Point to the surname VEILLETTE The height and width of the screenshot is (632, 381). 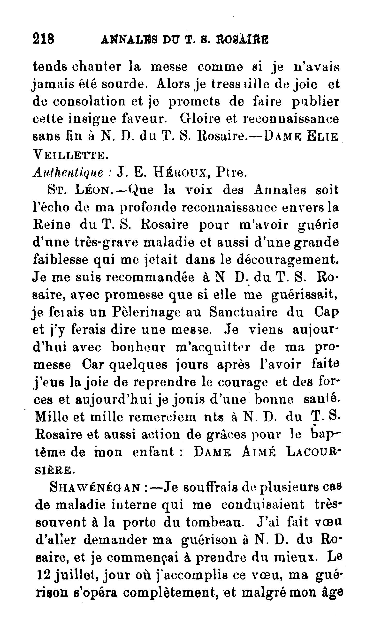pyautogui.click(x=69, y=155)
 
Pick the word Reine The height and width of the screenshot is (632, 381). pyautogui.click(x=52, y=225)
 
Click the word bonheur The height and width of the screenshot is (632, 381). pyautogui.click(x=139, y=347)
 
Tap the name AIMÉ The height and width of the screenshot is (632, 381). pyautogui.click(x=259, y=452)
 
